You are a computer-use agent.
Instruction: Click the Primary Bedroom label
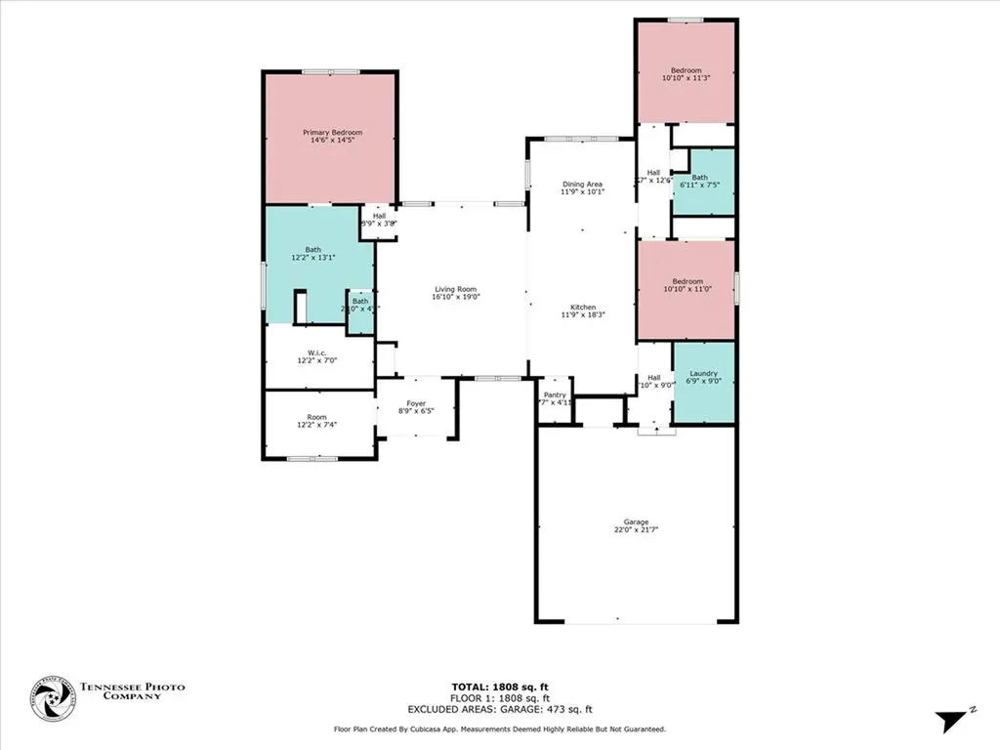click(x=332, y=133)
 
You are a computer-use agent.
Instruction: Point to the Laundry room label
click(x=703, y=373)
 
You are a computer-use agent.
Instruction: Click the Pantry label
click(x=555, y=395)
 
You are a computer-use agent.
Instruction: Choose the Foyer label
click(x=416, y=402)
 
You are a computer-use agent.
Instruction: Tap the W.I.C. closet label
click(x=316, y=353)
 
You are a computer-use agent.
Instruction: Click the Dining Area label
click(x=582, y=184)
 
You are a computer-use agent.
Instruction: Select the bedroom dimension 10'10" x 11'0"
click(x=687, y=290)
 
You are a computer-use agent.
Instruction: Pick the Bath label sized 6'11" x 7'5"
click(x=700, y=178)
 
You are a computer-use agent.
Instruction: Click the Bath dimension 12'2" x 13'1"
click(x=312, y=258)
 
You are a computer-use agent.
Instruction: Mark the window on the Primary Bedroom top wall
click(x=329, y=71)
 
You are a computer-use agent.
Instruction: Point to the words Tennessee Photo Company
click(x=131, y=692)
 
